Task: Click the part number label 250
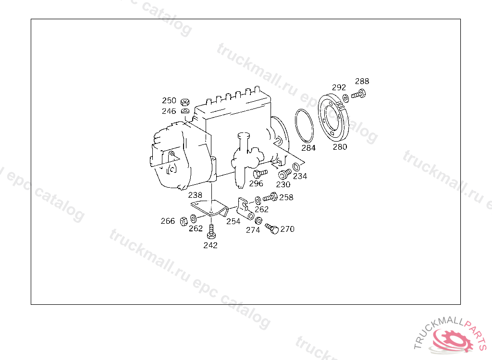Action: coord(169,100)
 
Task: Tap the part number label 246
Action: coord(169,111)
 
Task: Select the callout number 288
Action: coord(362,81)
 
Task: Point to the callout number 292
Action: coord(339,87)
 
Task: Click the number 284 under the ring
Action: coord(308,148)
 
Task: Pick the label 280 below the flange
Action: coord(340,147)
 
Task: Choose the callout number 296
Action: coord(256,183)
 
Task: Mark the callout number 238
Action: coord(195,195)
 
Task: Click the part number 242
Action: coord(210,245)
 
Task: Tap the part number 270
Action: coord(287,229)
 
